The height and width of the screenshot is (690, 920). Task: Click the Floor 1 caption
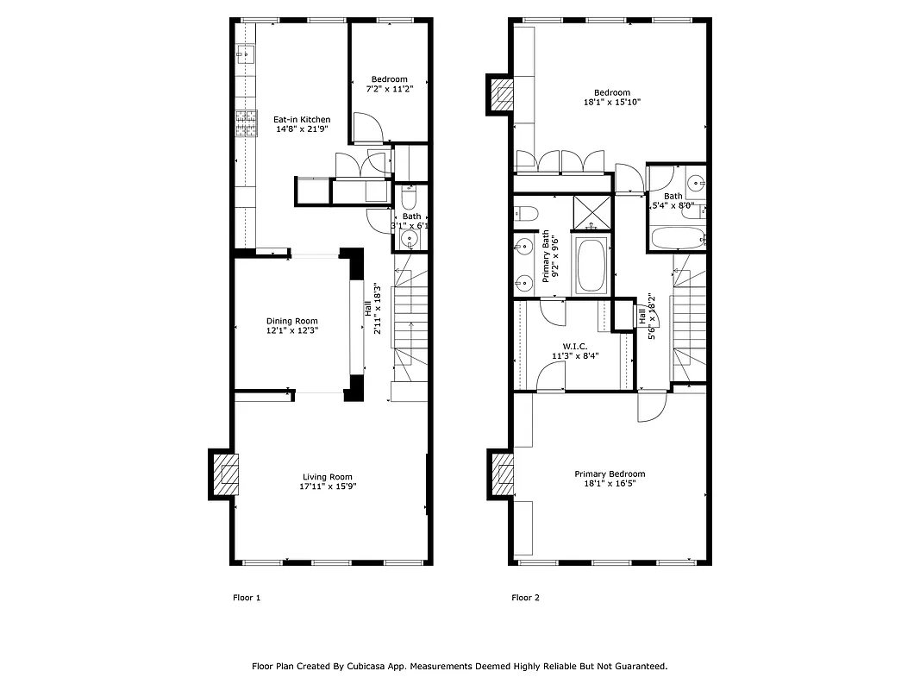click(247, 598)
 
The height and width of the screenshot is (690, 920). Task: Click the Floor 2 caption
click(525, 598)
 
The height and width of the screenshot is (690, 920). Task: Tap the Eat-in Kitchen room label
click(302, 120)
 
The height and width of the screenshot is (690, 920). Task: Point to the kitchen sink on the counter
click(245, 56)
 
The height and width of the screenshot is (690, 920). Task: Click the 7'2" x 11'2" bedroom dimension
click(388, 89)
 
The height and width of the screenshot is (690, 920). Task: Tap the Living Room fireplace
click(226, 474)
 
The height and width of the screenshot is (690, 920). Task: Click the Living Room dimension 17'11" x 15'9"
click(328, 486)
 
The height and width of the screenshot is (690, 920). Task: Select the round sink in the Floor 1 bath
click(412, 238)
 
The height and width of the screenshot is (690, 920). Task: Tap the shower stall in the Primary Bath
click(591, 211)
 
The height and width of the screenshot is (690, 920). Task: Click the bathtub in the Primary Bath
click(591, 266)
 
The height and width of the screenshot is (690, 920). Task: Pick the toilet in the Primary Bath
click(525, 213)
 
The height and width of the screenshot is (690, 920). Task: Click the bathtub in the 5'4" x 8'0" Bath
click(678, 238)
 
